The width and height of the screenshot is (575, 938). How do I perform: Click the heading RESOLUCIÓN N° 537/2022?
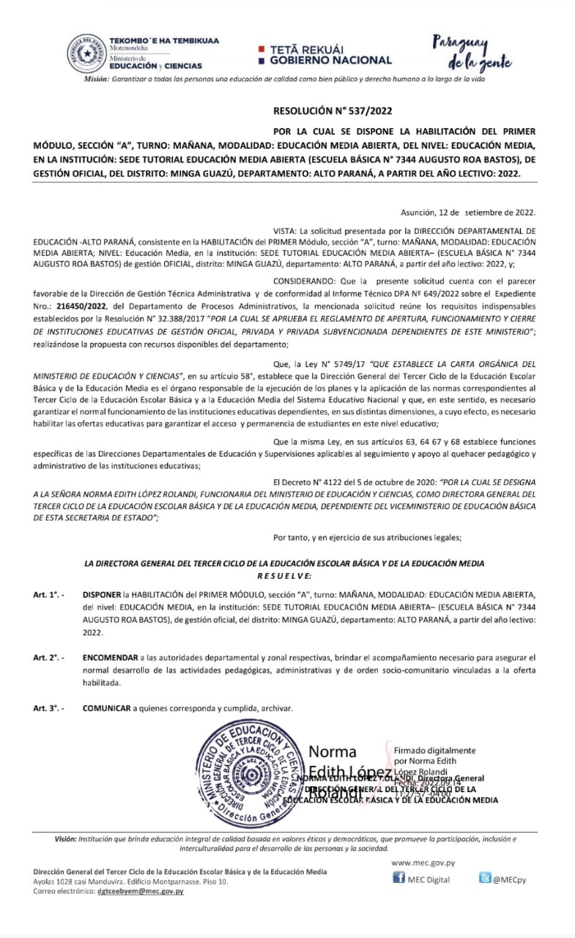[x=333, y=112]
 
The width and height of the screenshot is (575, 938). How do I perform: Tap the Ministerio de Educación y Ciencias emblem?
[x=86, y=53]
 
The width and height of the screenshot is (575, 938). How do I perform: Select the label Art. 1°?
[x=48, y=594]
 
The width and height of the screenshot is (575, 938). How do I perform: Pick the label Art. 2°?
[x=48, y=658]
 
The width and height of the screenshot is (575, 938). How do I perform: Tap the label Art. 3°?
[x=48, y=709]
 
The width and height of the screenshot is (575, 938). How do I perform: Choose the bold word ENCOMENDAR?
[x=108, y=658]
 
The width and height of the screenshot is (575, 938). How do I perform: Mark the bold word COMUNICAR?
[x=106, y=709]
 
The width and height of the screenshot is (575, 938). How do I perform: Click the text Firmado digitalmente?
[x=434, y=750]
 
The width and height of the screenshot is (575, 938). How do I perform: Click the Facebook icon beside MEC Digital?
[x=399, y=878]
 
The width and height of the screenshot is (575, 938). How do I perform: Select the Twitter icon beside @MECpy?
[x=485, y=878]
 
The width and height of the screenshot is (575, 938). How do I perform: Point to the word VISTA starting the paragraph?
[x=286, y=230]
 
